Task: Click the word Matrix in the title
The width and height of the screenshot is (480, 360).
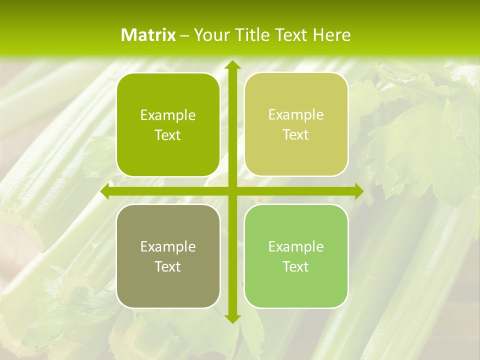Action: click(x=148, y=35)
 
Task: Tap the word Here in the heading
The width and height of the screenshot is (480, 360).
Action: click(x=331, y=35)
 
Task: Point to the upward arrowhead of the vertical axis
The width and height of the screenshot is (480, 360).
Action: click(x=232, y=65)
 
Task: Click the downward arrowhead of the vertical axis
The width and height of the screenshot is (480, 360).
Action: click(x=232, y=318)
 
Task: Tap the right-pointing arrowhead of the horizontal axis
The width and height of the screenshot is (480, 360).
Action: click(x=358, y=191)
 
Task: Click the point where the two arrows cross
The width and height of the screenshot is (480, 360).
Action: click(x=232, y=191)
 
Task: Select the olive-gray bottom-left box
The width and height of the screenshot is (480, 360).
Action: click(x=168, y=285)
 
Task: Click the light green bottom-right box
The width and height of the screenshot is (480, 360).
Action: click(x=296, y=285)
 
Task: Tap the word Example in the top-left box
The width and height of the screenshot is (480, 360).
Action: click(x=168, y=115)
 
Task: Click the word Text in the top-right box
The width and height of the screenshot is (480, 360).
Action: click(x=296, y=135)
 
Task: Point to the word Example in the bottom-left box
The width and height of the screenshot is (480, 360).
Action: click(x=168, y=247)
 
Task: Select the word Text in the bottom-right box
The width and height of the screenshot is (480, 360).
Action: click(x=296, y=266)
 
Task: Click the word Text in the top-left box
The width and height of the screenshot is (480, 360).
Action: click(x=168, y=135)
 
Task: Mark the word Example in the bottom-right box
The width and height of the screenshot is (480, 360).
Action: click(x=296, y=246)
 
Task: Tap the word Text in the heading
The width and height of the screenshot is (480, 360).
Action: click(x=291, y=35)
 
